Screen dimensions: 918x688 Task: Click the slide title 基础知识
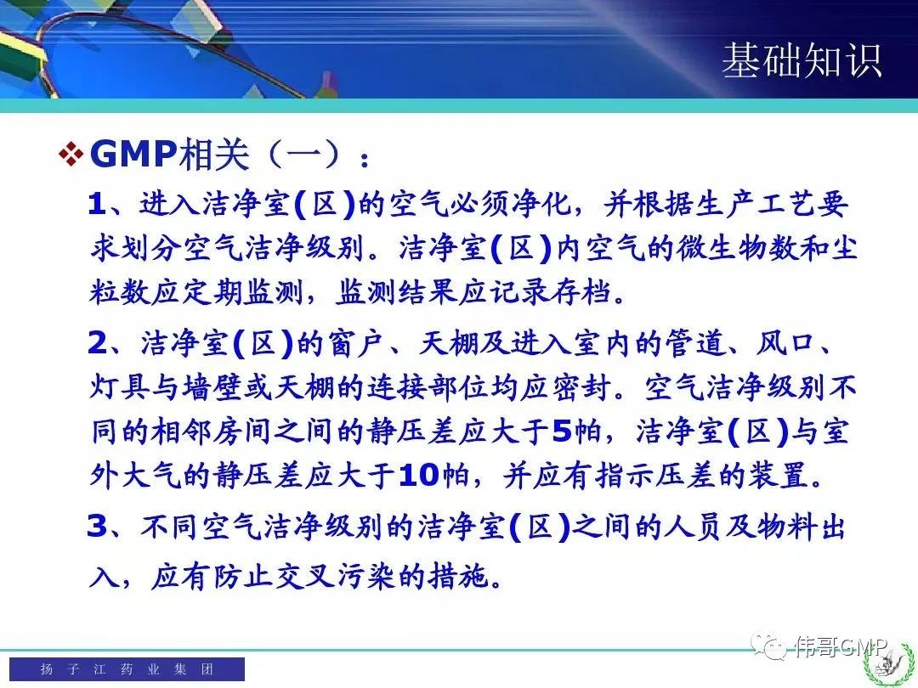802,60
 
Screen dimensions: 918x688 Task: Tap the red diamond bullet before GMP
71,155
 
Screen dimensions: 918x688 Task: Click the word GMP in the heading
133,154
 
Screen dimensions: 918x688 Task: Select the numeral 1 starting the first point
97,204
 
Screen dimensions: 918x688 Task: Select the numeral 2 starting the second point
97,343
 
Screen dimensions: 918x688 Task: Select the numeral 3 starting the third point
97,526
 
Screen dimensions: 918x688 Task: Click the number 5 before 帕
562,431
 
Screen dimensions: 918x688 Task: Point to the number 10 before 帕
418,475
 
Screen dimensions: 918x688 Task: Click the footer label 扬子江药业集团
127,668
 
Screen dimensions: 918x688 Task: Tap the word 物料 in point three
785,526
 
